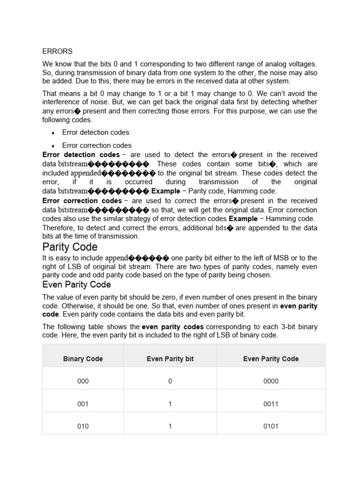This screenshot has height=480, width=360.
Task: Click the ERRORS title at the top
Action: point(57,51)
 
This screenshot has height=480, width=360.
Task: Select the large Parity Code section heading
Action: point(70,247)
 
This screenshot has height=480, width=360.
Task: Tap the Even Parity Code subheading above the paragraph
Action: point(76,285)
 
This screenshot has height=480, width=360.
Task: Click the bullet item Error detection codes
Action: point(95,132)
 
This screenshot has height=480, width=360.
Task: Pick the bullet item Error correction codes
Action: point(97,145)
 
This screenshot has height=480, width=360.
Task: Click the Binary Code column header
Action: point(83,359)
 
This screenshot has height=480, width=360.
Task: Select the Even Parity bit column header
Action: point(170,359)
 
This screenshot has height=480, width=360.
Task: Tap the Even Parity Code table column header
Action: point(271,359)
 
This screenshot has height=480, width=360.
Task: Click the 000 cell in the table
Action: point(83,381)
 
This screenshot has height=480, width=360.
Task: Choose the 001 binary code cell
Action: point(83,404)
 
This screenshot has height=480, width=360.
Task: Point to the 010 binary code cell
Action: point(83,426)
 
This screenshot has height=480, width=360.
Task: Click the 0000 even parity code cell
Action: point(271,381)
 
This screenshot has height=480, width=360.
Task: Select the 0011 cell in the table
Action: point(271,404)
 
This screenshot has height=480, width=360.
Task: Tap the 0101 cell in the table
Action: point(271,426)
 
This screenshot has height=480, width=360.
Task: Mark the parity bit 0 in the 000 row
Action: point(170,381)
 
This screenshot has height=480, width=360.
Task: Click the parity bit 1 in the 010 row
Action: point(170,426)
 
